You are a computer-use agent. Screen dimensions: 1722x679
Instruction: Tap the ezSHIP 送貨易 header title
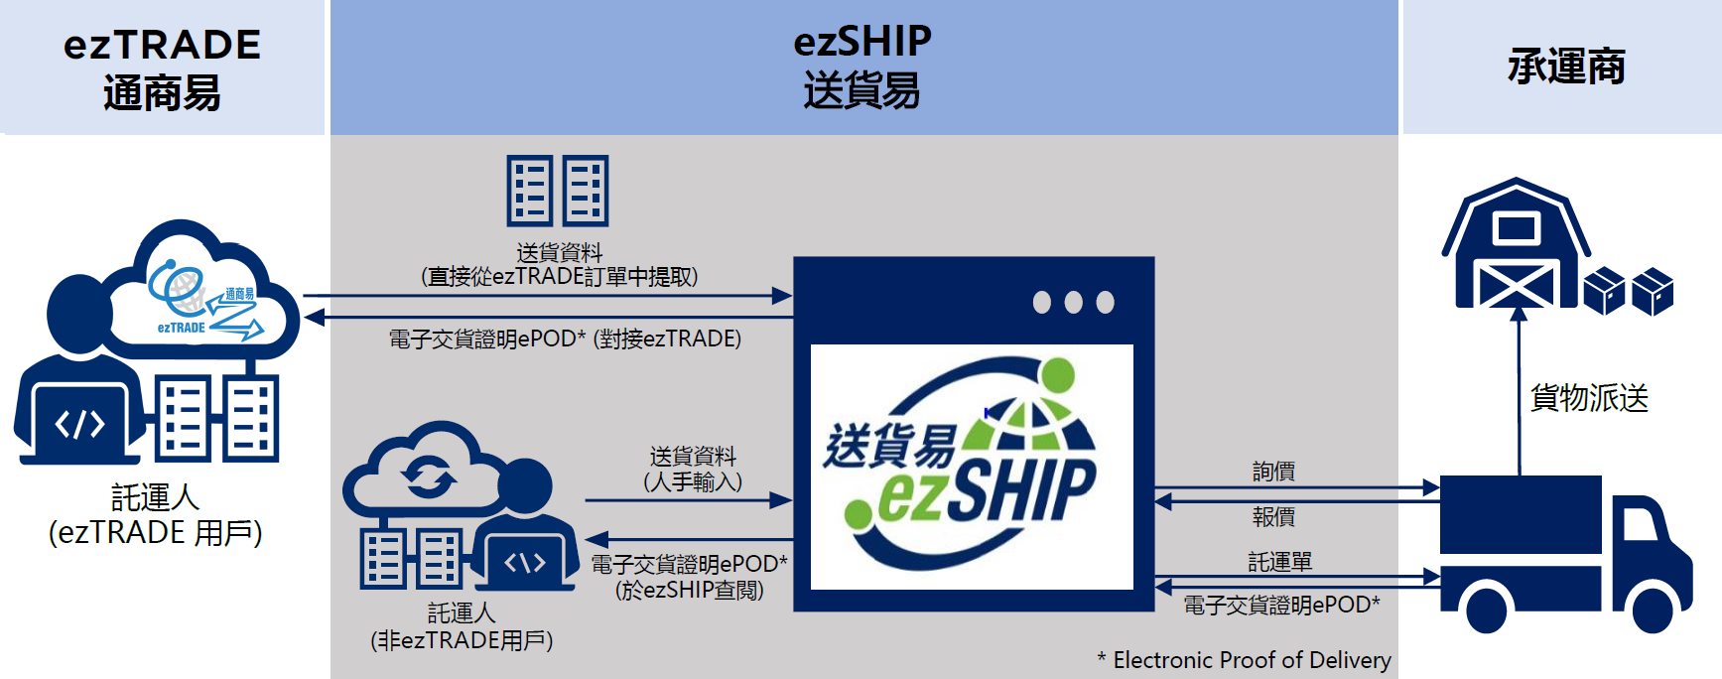coord(862,67)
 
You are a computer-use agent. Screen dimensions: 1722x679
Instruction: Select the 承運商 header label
coord(1566,67)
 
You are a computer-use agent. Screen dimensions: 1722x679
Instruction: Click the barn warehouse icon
coord(1516,243)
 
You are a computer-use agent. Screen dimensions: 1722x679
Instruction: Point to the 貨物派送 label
coord(1589,397)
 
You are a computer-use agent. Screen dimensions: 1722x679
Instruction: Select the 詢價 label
coord(1273,471)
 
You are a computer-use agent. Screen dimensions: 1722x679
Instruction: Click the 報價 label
coord(1273,516)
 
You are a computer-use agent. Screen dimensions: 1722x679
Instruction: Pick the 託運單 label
coord(1279,562)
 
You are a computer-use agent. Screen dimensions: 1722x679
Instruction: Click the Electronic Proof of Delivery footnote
coord(1244,660)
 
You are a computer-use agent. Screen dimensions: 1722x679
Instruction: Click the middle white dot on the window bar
coord(1073,302)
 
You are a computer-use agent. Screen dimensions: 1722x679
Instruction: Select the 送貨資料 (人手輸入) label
coord(693,470)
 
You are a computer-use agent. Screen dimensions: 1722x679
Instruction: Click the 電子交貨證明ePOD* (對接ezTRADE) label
coord(565,339)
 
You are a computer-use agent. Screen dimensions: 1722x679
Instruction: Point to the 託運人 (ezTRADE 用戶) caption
coord(156,515)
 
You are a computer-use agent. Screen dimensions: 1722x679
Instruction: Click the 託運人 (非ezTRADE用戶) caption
coord(462,626)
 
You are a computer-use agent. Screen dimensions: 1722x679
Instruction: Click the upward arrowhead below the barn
coord(1519,314)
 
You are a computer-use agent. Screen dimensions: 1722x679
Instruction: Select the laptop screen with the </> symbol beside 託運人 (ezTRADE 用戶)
coord(79,424)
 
